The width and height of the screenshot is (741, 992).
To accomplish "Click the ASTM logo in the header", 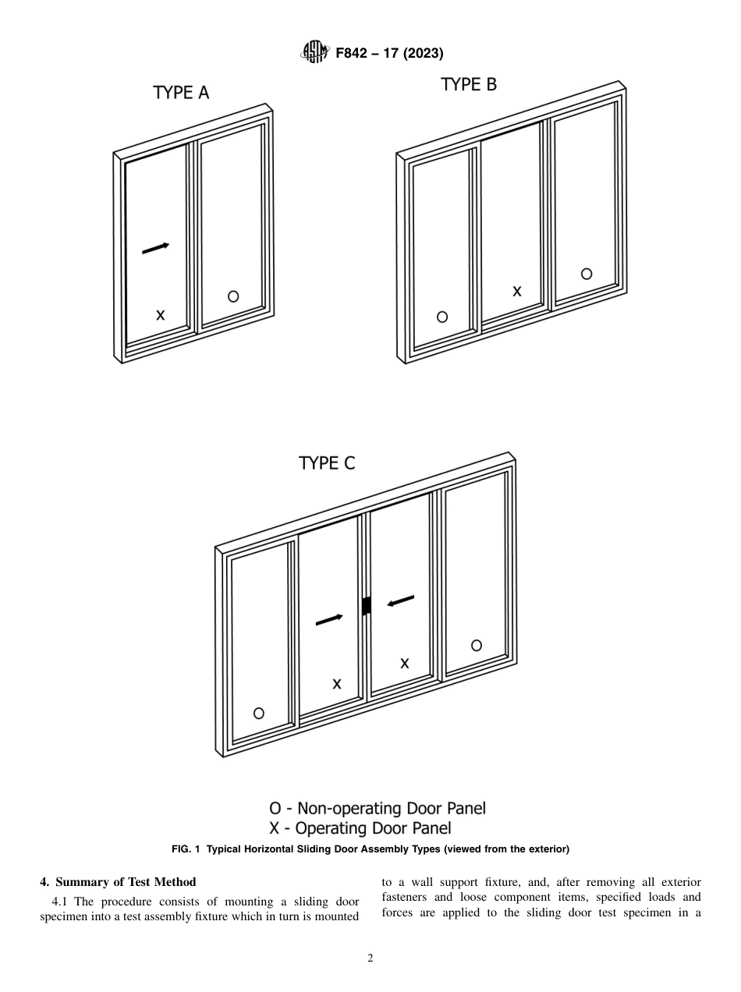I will click(x=315, y=53).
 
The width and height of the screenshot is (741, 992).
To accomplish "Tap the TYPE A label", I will click(x=181, y=93).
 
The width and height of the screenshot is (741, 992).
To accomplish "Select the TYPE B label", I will click(x=468, y=84).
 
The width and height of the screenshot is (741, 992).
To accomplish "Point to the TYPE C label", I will click(x=327, y=462).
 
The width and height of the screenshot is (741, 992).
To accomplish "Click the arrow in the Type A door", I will click(x=155, y=248).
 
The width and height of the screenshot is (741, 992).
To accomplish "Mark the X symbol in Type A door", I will click(x=160, y=315).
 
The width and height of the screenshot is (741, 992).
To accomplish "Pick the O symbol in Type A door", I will click(x=233, y=296).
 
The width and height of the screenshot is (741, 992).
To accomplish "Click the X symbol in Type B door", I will click(x=516, y=291).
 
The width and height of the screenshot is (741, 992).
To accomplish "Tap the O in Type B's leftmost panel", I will click(x=442, y=317).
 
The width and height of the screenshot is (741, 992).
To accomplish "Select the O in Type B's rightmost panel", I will click(x=587, y=274).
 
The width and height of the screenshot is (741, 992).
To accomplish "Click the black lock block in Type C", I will click(x=366, y=605).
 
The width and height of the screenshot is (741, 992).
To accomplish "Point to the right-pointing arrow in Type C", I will click(x=328, y=620).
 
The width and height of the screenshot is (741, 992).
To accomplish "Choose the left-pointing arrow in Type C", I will click(x=401, y=601).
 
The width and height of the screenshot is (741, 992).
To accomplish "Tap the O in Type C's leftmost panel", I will click(x=259, y=713).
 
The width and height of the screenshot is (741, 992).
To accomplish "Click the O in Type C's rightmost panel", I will click(x=476, y=645).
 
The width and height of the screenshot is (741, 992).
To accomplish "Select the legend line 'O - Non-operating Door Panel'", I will click(x=377, y=808).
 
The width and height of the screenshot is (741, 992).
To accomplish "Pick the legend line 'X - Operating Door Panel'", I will click(x=360, y=828).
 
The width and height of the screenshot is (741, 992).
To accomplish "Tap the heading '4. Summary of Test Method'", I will click(x=118, y=882).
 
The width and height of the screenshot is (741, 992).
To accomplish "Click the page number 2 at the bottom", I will click(x=370, y=958).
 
